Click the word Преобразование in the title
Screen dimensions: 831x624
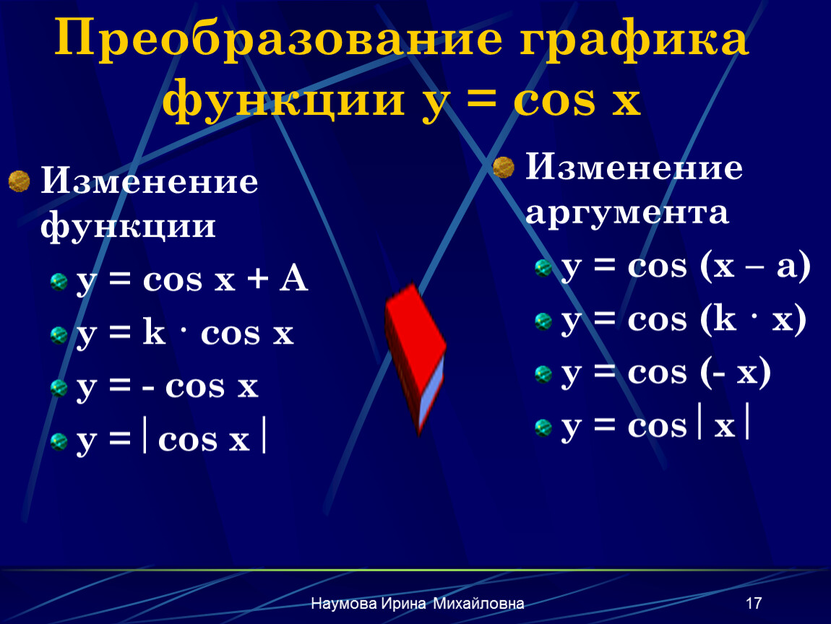click(x=277, y=39)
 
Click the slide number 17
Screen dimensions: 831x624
click(x=754, y=603)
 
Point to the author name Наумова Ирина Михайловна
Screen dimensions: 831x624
click(x=418, y=603)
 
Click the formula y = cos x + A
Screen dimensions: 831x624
click(x=191, y=279)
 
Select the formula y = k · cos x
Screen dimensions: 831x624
click(x=185, y=334)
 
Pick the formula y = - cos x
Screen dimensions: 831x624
click(x=167, y=387)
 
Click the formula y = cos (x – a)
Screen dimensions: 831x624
click(x=686, y=266)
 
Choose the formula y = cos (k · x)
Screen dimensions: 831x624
click(x=684, y=320)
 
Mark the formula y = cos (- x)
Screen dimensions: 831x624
click(x=666, y=373)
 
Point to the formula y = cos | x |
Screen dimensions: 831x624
click(x=655, y=424)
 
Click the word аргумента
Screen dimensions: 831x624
click(x=627, y=213)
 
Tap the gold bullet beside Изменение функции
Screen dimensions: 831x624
click(x=19, y=181)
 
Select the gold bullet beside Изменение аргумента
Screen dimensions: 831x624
click(x=504, y=168)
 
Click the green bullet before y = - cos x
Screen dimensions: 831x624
click(x=59, y=388)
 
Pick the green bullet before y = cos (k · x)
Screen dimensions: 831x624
click(x=543, y=321)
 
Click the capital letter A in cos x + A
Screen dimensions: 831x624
click(x=293, y=279)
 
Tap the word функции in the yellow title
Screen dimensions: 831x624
click(x=283, y=100)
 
